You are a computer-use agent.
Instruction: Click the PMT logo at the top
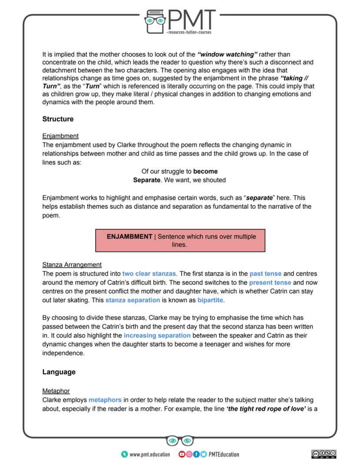tap(180, 21)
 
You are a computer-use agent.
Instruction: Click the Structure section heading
tap(58, 119)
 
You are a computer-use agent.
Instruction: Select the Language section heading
tap(59, 372)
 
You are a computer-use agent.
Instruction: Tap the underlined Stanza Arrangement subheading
tap(72, 265)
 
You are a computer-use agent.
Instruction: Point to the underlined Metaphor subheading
tap(56, 391)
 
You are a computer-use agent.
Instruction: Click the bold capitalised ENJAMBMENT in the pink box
tap(130, 237)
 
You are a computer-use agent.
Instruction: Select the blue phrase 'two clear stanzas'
tap(149, 274)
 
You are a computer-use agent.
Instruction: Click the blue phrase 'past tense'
tap(265, 274)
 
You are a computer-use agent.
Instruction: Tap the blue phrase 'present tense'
tap(270, 283)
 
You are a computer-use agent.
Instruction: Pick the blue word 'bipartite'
tap(211, 301)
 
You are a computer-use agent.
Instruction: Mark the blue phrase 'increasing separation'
tap(157, 335)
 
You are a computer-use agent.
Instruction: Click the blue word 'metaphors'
tap(105, 400)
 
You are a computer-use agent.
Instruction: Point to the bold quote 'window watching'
tap(227, 54)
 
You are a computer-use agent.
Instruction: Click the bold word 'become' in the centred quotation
tap(206, 171)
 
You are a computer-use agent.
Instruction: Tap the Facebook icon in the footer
tap(196, 454)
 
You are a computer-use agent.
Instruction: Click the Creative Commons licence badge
tap(324, 454)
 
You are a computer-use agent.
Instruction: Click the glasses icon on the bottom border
tap(180, 441)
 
